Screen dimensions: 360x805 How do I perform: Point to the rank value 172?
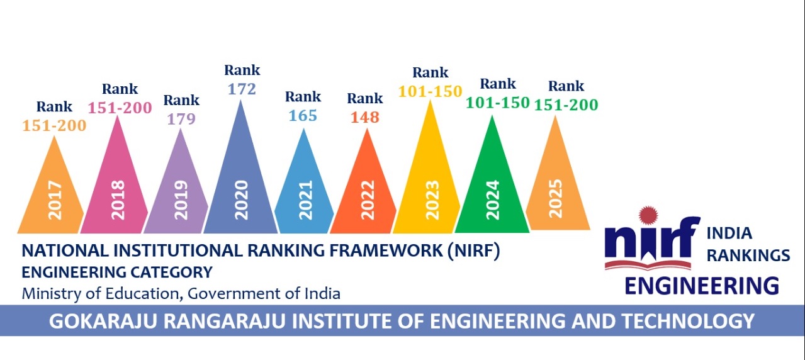(242, 89)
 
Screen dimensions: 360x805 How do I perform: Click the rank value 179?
(181, 119)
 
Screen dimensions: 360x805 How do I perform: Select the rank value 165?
(303, 116)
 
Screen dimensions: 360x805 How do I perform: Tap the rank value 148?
(365, 118)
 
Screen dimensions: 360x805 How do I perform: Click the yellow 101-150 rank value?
(430, 92)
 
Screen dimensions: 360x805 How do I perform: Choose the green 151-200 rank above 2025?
(566, 104)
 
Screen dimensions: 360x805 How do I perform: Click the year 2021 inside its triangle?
(305, 200)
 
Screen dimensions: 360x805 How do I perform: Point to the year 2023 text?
(432, 200)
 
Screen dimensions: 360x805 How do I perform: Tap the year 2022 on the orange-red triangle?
(368, 200)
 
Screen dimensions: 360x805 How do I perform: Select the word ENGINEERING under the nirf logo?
(701, 285)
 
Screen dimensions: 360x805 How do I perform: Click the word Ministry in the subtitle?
(46, 293)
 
